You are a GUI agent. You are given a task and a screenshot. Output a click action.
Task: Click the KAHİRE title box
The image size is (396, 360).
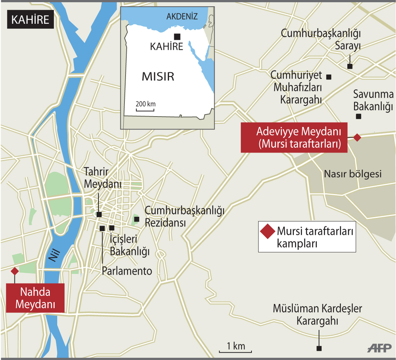click(x=30, y=20)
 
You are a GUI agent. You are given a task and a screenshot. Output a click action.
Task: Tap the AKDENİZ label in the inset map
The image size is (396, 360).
click(x=182, y=16)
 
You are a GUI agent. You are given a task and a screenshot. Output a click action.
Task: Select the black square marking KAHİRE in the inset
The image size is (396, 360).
click(x=177, y=36)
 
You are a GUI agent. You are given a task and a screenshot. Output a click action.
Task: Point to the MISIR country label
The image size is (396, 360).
click(x=158, y=77)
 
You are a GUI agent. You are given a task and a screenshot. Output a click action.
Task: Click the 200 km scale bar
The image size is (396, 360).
click(x=145, y=110)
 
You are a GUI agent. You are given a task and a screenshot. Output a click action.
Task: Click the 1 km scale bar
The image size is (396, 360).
click(x=236, y=351)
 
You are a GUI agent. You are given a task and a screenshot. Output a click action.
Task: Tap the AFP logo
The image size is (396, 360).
click(x=379, y=348)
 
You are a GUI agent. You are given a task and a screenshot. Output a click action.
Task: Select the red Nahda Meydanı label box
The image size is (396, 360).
click(x=35, y=298)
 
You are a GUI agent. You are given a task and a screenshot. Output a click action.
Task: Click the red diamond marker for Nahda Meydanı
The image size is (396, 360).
click(x=14, y=271)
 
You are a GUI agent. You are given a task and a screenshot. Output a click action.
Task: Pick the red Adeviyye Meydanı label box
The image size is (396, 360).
click(x=294, y=137)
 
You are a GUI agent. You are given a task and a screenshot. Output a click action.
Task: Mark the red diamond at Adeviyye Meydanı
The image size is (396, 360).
click(x=357, y=138)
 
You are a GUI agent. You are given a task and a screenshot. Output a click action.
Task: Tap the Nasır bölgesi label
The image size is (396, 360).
click(x=353, y=174)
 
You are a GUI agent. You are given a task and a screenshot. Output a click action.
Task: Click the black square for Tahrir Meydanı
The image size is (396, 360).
click(x=99, y=214)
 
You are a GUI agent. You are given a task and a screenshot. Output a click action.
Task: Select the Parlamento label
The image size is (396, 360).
click(x=127, y=271)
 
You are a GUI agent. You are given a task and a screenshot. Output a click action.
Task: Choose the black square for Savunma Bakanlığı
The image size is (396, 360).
click(x=358, y=116)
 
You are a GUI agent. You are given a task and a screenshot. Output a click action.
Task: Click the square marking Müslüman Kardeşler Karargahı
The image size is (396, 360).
click(x=319, y=348)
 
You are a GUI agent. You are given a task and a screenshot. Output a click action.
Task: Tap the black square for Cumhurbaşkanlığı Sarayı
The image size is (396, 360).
click(x=350, y=66)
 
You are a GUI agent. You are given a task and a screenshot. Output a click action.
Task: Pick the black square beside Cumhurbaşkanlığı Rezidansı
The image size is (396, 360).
click(x=137, y=219)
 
